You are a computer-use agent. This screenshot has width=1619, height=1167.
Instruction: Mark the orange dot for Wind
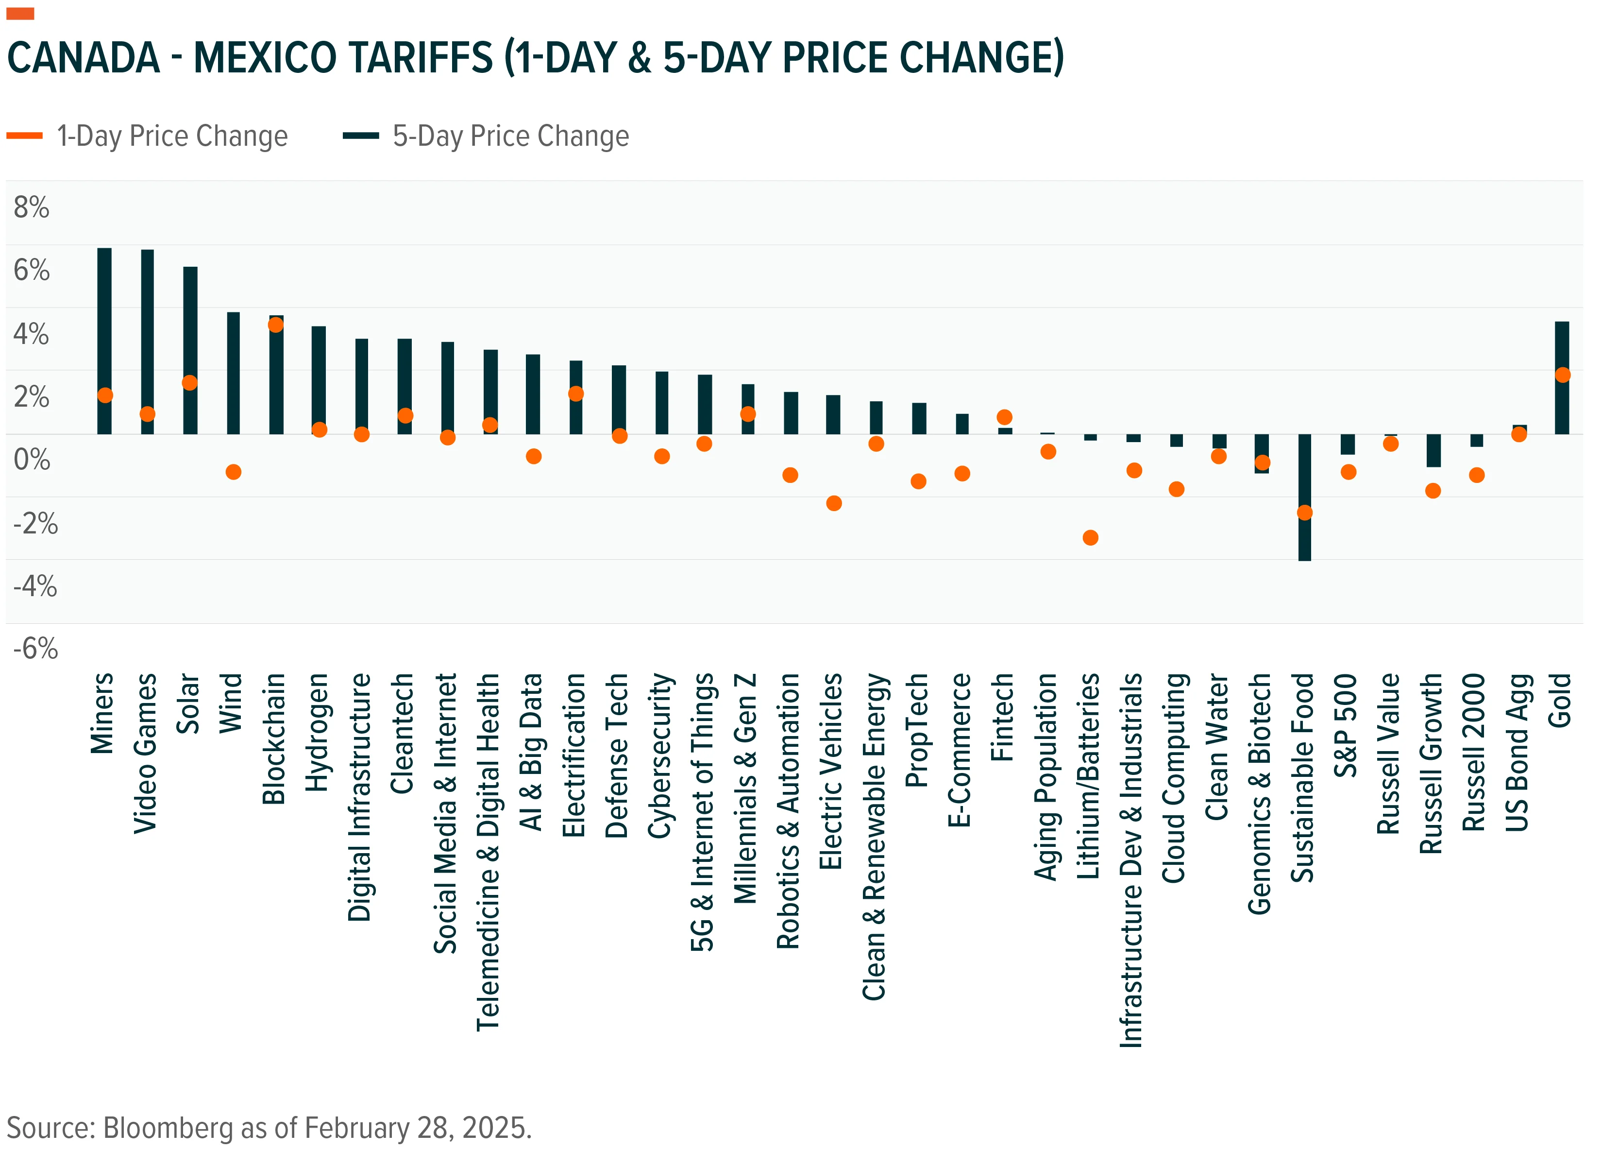(234, 472)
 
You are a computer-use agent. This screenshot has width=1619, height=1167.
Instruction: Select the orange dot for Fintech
(1004, 417)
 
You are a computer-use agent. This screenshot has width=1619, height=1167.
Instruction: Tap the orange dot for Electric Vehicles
(834, 503)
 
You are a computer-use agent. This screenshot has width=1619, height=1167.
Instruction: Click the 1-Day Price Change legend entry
(147, 136)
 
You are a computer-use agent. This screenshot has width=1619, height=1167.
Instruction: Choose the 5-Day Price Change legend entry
(486, 136)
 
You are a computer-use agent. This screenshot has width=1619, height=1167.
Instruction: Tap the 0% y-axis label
(32, 459)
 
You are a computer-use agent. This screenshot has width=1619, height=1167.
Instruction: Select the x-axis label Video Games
(146, 753)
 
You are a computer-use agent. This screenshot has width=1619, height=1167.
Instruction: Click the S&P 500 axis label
(1346, 725)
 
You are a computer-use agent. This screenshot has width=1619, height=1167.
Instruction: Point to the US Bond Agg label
(1517, 753)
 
